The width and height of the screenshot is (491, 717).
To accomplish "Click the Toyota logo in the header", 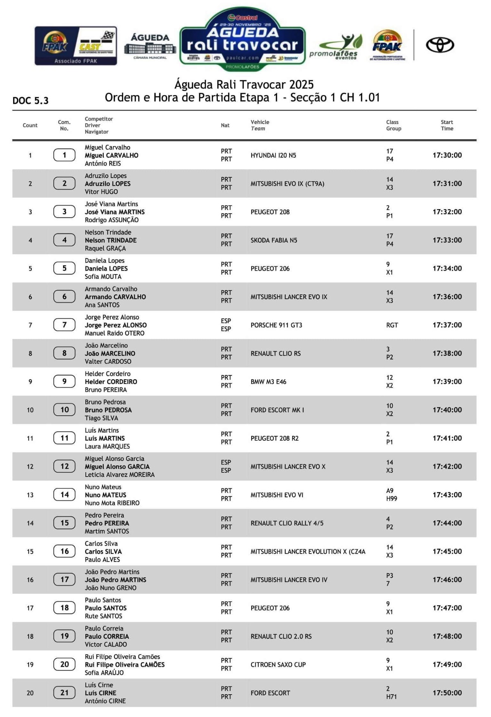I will click(x=440, y=45).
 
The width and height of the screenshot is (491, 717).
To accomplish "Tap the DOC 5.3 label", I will click(x=31, y=101).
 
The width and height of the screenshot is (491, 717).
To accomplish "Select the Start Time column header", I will click(x=447, y=125).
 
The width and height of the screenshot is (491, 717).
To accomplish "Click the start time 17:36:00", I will click(x=447, y=297).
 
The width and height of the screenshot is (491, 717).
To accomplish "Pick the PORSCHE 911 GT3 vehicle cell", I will click(x=276, y=325).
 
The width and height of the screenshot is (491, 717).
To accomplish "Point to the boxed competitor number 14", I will click(x=65, y=495).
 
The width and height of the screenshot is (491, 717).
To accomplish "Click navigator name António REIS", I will click(x=103, y=164).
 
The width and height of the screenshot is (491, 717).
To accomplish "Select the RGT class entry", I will click(x=392, y=325).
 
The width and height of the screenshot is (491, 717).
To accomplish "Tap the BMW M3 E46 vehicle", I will click(x=268, y=382).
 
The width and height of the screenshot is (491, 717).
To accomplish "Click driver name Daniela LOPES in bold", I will click(x=106, y=269).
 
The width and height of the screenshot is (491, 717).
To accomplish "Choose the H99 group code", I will click(x=391, y=499).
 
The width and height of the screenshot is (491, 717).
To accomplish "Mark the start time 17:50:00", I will click(x=447, y=693).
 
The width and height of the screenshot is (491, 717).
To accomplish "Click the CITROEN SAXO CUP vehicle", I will click(x=278, y=665).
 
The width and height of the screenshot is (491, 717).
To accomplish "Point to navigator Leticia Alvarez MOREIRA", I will click(x=119, y=475).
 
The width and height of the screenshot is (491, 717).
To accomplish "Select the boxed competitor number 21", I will click(x=65, y=693).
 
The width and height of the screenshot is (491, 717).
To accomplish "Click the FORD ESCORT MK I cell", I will click(x=277, y=410).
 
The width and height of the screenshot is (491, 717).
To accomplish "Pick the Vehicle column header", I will click(x=260, y=122).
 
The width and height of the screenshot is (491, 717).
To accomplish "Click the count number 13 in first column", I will click(x=30, y=495).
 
